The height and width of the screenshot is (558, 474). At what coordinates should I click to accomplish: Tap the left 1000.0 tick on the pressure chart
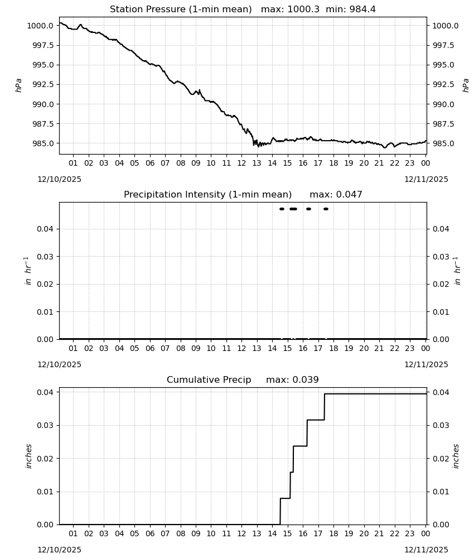click(x=40, y=26)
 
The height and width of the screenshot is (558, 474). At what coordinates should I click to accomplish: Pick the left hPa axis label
click(x=18, y=85)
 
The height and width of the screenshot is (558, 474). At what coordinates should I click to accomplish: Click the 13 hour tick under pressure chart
click(x=257, y=163)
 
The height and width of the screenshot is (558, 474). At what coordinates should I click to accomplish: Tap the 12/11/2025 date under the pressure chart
click(x=426, y=179)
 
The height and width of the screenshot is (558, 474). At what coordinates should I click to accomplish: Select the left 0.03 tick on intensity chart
click(x=45, y=256)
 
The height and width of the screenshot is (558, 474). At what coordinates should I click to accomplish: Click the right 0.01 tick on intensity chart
click(x=441, y=312)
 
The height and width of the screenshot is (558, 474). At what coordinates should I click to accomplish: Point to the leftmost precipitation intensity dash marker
click(x=282, y=209)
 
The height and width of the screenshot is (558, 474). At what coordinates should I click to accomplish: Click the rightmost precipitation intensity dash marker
click(x=326, y=209)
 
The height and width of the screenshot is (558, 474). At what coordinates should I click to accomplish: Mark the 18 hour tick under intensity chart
click(x=333, y=348)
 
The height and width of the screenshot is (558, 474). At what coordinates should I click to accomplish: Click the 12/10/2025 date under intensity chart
click(x=59, y=364)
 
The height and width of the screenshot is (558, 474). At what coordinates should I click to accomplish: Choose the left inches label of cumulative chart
click(x=29, y=456)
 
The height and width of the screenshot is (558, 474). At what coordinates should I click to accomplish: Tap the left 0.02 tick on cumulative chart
click(x=45, y=458)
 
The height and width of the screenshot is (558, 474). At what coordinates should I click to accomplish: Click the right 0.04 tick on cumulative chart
click(x=441, y=392)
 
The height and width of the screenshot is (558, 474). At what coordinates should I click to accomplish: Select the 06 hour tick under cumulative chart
click(x=149, y=533)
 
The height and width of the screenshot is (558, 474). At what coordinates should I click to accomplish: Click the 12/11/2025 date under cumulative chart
click(x=426, y=550)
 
